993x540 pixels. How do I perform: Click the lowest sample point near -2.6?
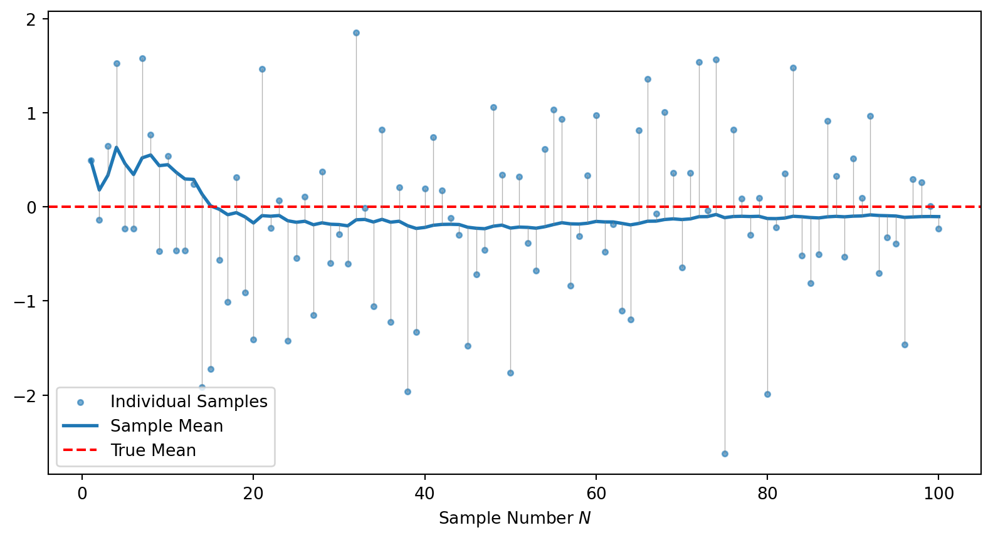(x=725, y=454)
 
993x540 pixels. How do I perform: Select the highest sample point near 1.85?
(x=356, y=33)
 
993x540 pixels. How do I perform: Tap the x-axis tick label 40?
(x=424, y=494)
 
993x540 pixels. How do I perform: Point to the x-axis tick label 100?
(x=938, y=494)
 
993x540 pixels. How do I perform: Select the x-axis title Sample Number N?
(x=515, y=519)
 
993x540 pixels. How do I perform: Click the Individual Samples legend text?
(x=189, y=402)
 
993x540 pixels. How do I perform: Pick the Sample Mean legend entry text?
(x=167, y=426)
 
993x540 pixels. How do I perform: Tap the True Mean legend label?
(x=153, y=450)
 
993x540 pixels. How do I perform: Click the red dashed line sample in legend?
(x=80, y=450)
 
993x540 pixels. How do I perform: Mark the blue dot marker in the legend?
(x=80, y=402)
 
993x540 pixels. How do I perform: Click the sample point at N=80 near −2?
(x=767, y=394)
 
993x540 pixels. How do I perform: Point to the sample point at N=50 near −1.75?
(x=510, y=373)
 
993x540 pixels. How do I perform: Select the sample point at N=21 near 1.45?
(x=262, y=69)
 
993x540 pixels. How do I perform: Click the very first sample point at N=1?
(x=91, y=160)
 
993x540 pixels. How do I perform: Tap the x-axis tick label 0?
(x=82, y=494)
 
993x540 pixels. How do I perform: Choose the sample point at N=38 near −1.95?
(x=407, y=392)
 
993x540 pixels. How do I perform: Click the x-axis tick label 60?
(x=596, y=494)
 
